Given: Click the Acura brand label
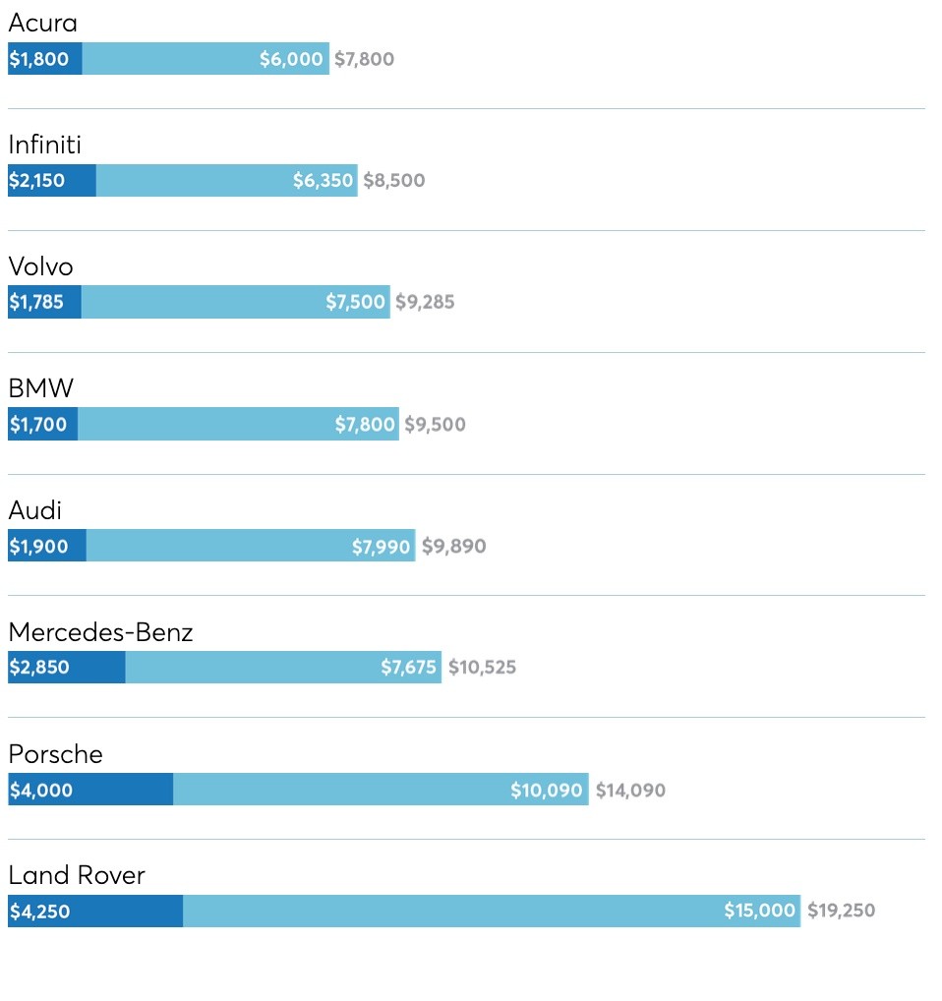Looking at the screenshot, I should pyautogui.click(x=42, y=23).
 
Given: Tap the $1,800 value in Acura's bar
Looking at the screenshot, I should pyautogui.click(x=39, y=59).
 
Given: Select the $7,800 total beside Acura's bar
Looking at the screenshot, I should pyautogui.click(x=364, y=59).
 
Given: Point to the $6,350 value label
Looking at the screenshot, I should pyautogui.click(x=323, y=181).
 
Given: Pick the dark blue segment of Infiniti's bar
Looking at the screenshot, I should pyautogui.click(x=52, y=181).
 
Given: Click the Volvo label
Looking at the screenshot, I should pyautogui.click(x=40, y=266).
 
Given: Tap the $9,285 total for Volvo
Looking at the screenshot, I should pyautogui.click(x=425, y=302).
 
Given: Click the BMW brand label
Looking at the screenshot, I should pyautogui.click(x=40, y=388).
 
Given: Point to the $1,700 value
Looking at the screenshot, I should pyautogui.click(x=38, y=425).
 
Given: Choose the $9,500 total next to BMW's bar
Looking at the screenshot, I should pyautogui.click(x=435, y=425).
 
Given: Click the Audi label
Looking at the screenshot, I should pyautogui.click(x=34, y=510).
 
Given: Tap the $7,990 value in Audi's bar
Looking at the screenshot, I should pyautogui.click(x=381, y=547).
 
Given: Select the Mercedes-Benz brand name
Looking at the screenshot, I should pyautogui.click(x=100, y=632).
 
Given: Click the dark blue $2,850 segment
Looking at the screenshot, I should pyautogui.click(x=66, y=668).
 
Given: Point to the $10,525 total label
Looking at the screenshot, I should pyautogui.click(x=482, y=668).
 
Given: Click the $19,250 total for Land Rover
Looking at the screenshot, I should pyautogui.click(x=841, y=911).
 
